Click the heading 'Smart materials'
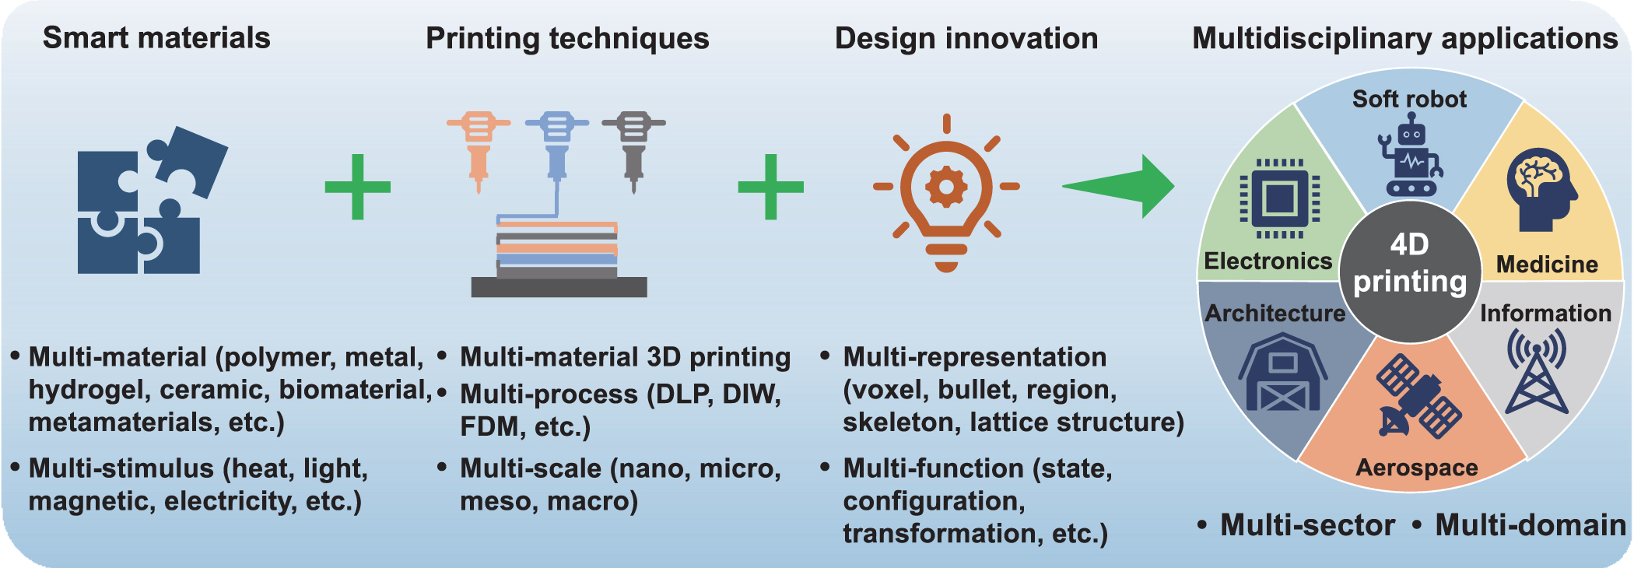click(156, 37)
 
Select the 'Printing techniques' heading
click(567, 38)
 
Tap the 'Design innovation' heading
click(966, 38)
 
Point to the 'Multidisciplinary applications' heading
click(1405, 38)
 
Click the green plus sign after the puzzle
click(357, 187)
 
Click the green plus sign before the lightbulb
click(770, 187)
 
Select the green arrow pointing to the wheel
click(1119, 187)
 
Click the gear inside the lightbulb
click(946, 187)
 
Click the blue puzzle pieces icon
click(153, 200)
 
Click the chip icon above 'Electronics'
click(1280, 198)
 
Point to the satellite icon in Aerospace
click(1418, 396)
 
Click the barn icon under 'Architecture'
click(1282, 373)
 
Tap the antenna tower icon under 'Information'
click(1537, 370)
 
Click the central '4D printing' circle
click(1410, 272)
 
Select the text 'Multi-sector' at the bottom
click(1307, 525)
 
